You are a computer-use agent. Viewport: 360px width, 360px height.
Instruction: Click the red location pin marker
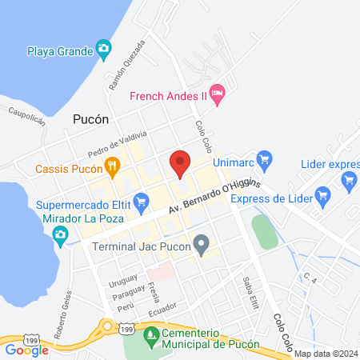pyautogui.click(x=181, y=163)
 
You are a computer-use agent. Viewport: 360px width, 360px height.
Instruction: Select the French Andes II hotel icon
pyautogui.click(x=217, y=94)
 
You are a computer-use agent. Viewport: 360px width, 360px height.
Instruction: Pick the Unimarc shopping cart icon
pyautogui.click(x=266, y=159)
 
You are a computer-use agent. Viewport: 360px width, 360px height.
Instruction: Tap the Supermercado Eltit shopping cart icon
pyautogui.click(x=142, y=200)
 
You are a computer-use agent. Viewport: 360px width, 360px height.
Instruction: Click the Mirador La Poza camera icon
pyautogui.click(x=60, y=234)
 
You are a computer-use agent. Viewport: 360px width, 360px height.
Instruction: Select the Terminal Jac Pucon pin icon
pyautogui.click(x=202, y=244)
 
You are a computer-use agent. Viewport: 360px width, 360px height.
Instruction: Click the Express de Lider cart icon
pyautogui.click(x=323, y=194)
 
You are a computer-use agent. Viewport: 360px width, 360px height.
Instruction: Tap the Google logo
pyautogui.click(x=26, y=349)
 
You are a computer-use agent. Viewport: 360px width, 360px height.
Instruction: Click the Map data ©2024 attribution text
pyautogui.click(x=325, y=354)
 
